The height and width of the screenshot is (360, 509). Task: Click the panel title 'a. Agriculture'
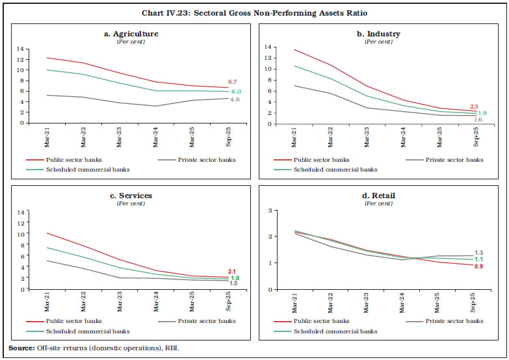click(131, 34)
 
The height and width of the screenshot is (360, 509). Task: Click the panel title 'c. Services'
click(131, 196)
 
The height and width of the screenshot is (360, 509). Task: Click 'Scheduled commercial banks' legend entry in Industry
click(335, 170)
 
